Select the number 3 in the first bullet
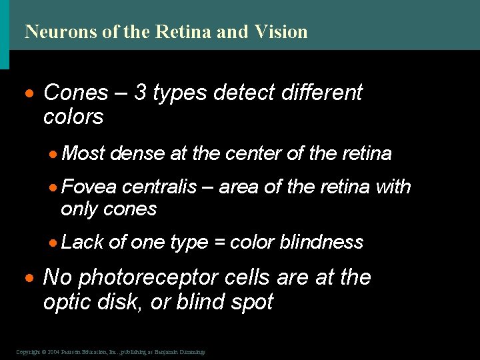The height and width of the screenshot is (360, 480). [141, 93]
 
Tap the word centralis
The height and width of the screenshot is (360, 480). [159, 187]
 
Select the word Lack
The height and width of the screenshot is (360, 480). [82, 242]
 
